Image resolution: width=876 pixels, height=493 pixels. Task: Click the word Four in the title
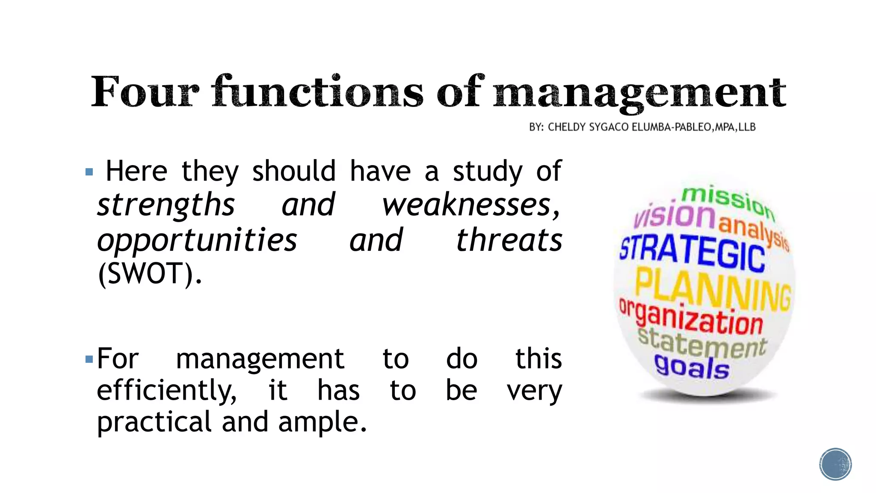(145, 92)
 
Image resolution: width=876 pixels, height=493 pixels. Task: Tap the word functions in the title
(317, 92)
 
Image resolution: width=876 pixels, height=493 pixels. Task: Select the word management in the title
(639, 93)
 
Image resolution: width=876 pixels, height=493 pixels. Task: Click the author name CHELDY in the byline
(567, 127)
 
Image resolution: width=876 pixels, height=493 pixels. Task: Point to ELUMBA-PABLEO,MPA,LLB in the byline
(693, 127)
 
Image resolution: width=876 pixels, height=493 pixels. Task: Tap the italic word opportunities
(197, 241)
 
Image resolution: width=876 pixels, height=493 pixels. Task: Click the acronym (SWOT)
(150, 274)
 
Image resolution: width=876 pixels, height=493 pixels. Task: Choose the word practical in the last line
(154, 422)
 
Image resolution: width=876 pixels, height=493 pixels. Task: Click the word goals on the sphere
(692, 367)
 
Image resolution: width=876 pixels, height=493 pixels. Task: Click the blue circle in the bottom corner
(835, 464)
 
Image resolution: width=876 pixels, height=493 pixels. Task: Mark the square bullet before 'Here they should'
(89, 172)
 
